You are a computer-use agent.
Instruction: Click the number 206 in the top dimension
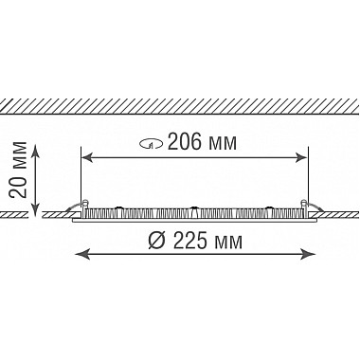pyautogui.click(x=184, y=142)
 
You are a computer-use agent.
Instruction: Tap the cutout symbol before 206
pyautogui.click(x=152, y=145)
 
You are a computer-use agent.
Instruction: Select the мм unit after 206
pyautogui.click(x=222, y=144)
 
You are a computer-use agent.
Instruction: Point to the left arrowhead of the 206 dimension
pyautogui.click(x=87, y=157)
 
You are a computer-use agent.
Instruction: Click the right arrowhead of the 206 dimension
pyautogui.click(x=301, y=157)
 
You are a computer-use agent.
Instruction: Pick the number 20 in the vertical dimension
pyautogui.click(x=18, y=188)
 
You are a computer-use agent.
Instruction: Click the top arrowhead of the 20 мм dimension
pyautogui.click(x=35, y=151)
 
